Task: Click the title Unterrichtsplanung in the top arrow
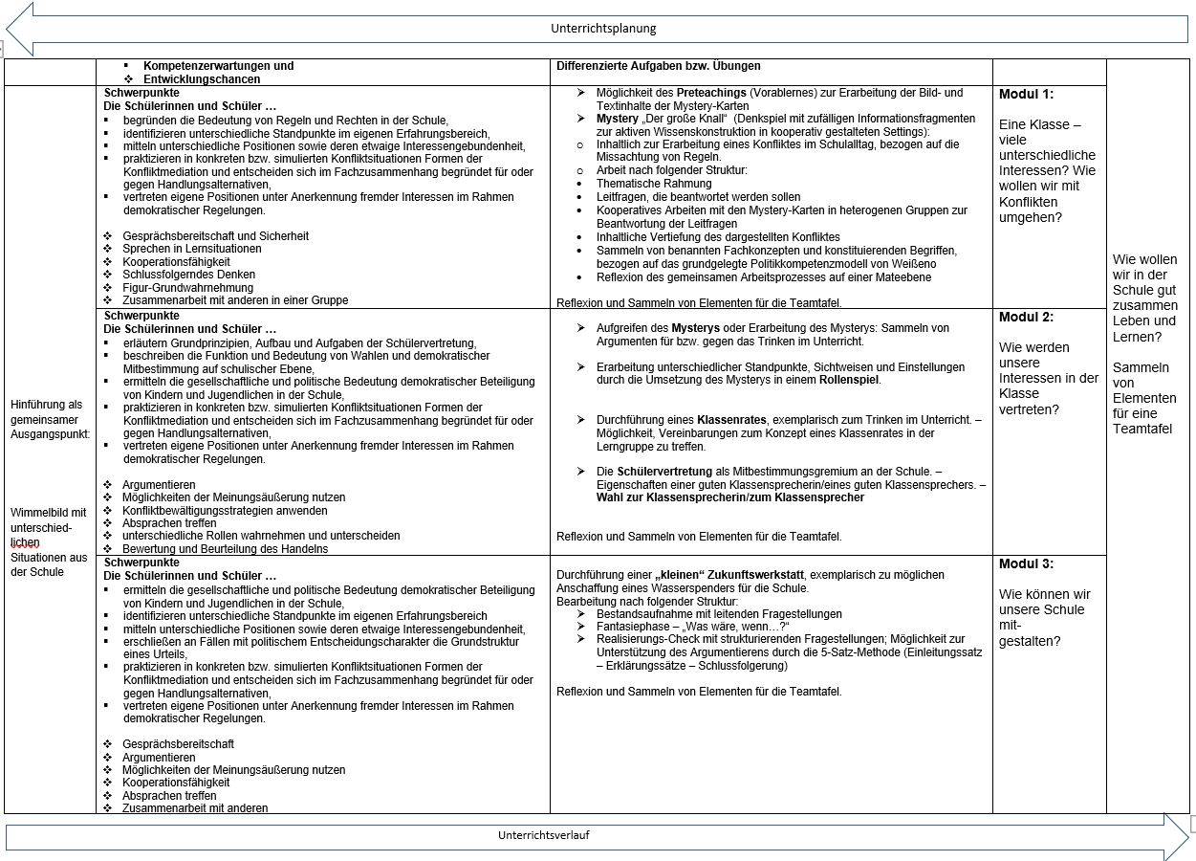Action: click(603, 29)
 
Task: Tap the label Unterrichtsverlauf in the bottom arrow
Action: click(543, 835)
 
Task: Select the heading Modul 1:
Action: click(1026, 94)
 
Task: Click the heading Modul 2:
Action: click(1026, 317)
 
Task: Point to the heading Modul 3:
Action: click(1026, 563)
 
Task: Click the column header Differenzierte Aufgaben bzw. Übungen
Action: click(658, 66)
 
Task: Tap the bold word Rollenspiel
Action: click(848, 380)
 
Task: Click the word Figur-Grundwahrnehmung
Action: click(187, 288)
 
